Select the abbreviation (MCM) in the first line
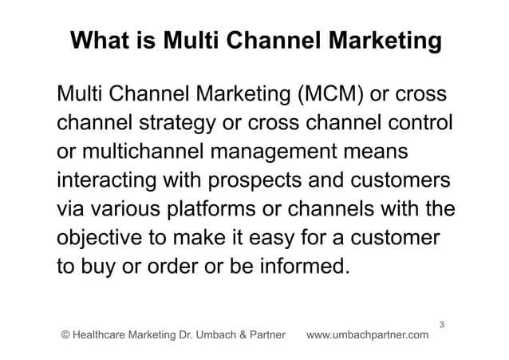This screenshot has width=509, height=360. pyautogui.click(x=329, y=97)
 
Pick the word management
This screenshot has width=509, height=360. pyautogui.click(x=282, y=152)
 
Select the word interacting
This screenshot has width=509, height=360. pyautogui.click(x=106, y=180)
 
